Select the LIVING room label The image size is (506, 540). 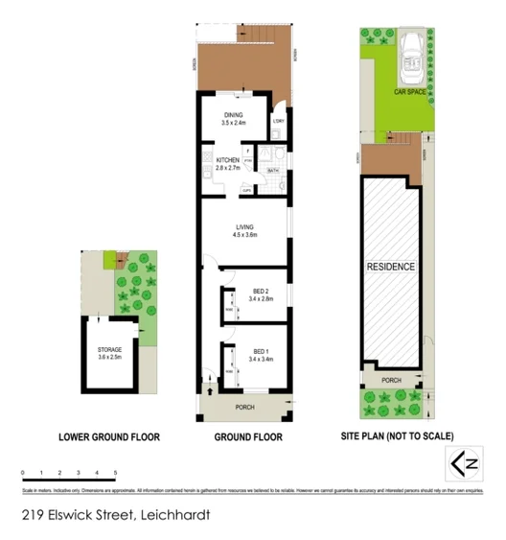tap(244, 226)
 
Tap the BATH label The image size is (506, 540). tap(272, 171)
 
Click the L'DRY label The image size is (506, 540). tap(278, 120)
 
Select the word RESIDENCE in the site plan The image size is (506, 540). tap(390, 266)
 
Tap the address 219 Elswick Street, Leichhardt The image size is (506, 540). tap(114, 514)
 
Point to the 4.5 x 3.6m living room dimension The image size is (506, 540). tap(244, 236)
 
